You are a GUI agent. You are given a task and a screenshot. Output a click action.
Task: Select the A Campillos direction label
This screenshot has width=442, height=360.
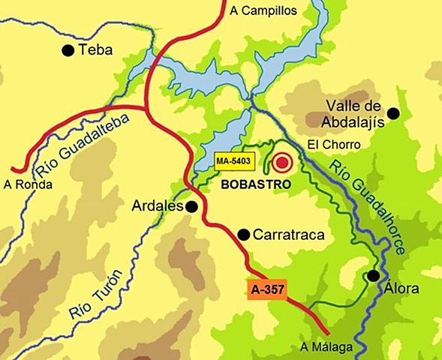(x=265, y=10)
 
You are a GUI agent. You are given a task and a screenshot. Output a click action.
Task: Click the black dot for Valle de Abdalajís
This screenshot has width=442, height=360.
(x=392, y=113)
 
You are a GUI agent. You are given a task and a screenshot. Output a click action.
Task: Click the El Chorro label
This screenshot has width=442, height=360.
(x=335, y=145)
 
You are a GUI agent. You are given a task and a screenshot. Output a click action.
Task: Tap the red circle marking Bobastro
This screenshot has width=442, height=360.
(x=282, y=162)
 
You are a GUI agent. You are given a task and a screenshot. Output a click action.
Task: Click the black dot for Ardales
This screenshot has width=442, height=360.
(x=192, y=206)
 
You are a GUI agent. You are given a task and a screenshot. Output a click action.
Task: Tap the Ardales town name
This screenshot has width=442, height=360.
(x=158, y=205)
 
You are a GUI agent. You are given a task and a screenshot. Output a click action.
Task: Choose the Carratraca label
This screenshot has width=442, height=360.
(x=289, y=235)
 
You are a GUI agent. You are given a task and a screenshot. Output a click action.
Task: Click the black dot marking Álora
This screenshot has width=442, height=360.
(x=373, y=276)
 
